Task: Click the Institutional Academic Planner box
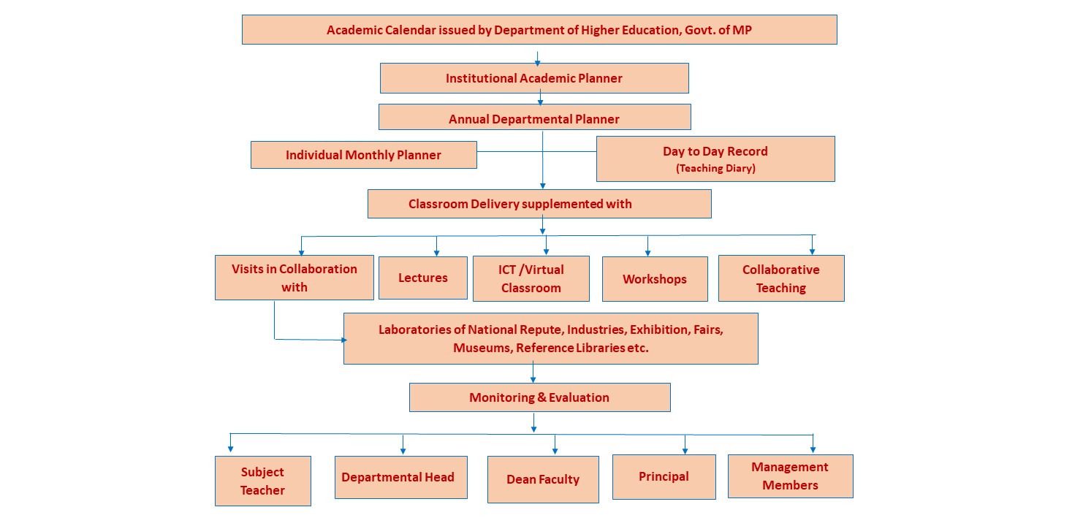point(534,78)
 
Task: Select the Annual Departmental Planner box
point(535,117)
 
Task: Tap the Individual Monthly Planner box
point(364,155)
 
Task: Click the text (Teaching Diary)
point(715,168)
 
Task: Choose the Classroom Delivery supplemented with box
point(539,204)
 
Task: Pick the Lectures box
point(423,278)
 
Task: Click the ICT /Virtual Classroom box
point(531,278)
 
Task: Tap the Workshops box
point(655,279)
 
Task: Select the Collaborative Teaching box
point(781,278)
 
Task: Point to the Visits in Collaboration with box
point(294,278)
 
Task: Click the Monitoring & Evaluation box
point(539,397)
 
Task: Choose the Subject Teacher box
point(263,481)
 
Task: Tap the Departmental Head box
point(400,477)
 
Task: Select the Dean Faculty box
point(543,479)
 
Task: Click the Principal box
point(664,476)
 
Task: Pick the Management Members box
point(791,476)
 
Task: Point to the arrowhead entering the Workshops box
point(648,253)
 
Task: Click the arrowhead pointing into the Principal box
point(685,451)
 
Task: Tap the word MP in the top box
point(742,30)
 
